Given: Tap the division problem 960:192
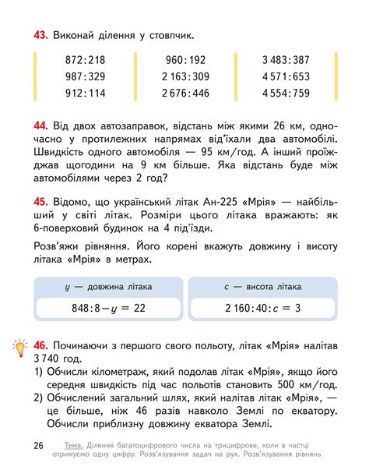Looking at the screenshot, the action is (x=185, y=60).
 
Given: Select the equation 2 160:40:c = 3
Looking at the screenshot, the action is (x=262, y=309).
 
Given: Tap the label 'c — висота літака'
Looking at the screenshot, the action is (x=262, y=286).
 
